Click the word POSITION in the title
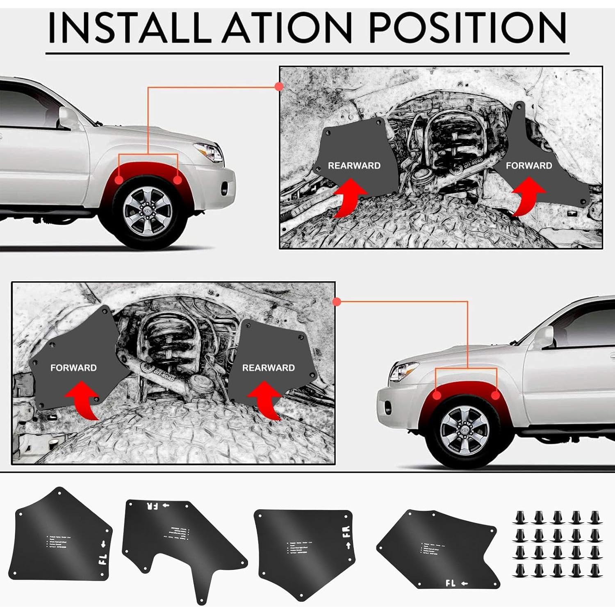pyautogui.click(x=467, y=28)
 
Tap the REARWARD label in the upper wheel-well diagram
pyautogui.click(x=354, y=166)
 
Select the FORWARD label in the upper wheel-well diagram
pyautogui.click(x=529, y=166)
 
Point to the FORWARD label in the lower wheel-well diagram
pyautogui.click(x=73, y=368)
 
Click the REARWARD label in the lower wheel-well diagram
pyautogui.click(x=269, y=368)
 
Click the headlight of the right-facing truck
pyautogui.click(x=209, y=152)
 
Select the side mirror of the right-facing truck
pyautogui.click(x=68, y=117)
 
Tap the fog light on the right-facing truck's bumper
pyautogui.click(x=224, y=189)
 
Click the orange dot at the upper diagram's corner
pyautogui.click(x=279, y=87)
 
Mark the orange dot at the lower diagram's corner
pyautogui.click(x=337, y=302)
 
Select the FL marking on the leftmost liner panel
pyautogui.click(x=102, y=559)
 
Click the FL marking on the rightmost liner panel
pyautogui.click(x=450, y=583)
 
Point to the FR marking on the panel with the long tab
pyautogui.click(x=153, y=506)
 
